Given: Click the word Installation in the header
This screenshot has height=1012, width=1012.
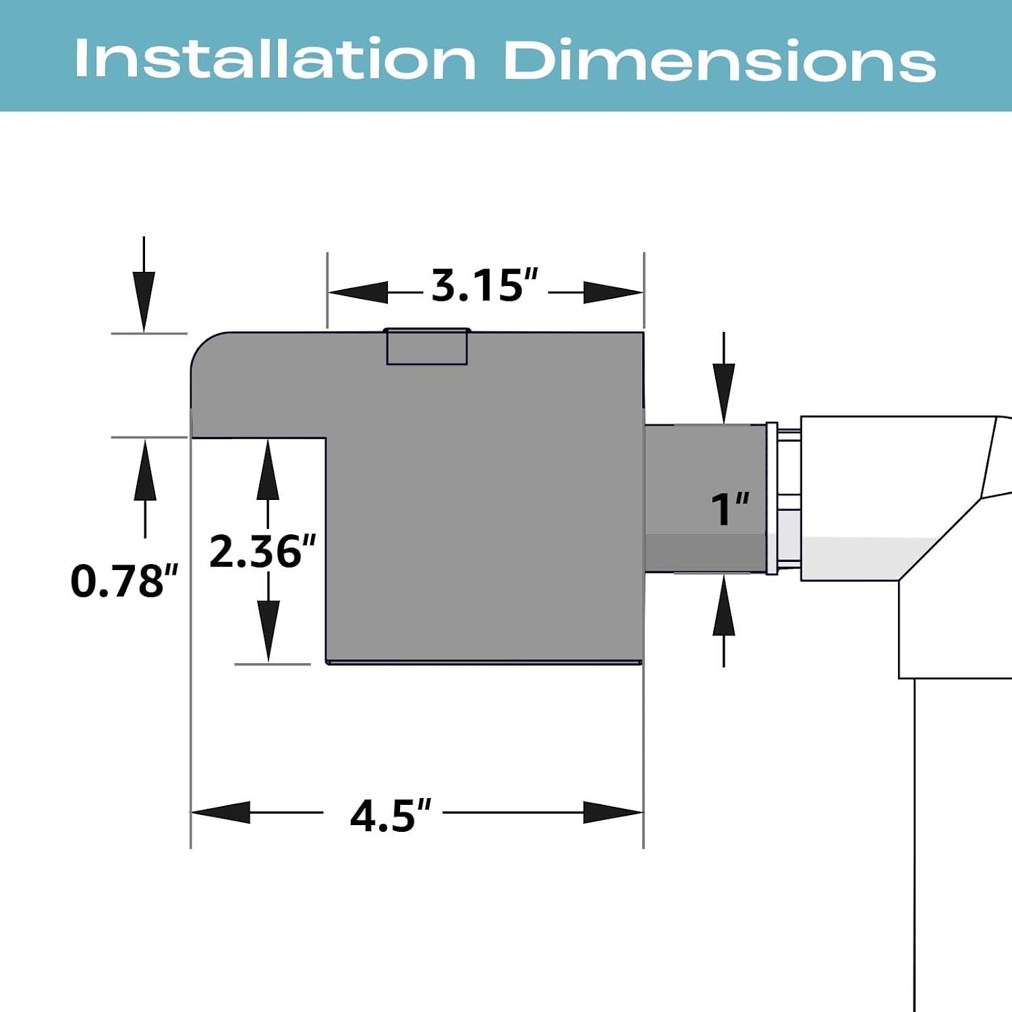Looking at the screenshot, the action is click(x=275, y=59).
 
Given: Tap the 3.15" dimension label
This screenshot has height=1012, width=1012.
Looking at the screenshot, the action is click(x=484, y=285).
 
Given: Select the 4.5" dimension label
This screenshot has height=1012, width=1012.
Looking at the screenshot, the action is click(x=390, y=816).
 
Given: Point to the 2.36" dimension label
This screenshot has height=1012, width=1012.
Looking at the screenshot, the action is click(x=262, y=551).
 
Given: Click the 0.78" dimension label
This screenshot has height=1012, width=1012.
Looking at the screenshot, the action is click(x=124, y=581).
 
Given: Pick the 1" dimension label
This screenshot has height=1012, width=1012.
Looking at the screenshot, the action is click(x=730, y=509).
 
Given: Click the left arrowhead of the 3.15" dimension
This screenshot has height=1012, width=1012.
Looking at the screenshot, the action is click(x=358, y=293).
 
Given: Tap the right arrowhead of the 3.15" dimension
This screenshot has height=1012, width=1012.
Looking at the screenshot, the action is click(x=613, y=293).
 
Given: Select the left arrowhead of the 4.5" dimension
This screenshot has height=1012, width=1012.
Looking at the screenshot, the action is click(x=221, y=812).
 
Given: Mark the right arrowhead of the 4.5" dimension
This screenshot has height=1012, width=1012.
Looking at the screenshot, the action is click(x=613, y=812).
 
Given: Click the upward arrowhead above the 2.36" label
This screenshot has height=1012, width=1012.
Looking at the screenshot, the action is click(x=268, y=470).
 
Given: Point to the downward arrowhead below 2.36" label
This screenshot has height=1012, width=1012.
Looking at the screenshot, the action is click(x=268, y=631).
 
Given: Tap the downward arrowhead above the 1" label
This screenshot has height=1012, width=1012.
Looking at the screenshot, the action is click(x=724, y=393).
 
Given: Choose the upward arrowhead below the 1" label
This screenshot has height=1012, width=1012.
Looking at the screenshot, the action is click(x=724, y=605).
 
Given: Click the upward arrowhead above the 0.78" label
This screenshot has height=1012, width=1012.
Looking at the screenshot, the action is click(x=145, y=470).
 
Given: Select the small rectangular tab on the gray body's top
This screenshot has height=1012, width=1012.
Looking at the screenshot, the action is click(x=427, y=347).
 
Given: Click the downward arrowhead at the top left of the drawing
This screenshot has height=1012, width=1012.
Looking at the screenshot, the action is click(x=144, y=302).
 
